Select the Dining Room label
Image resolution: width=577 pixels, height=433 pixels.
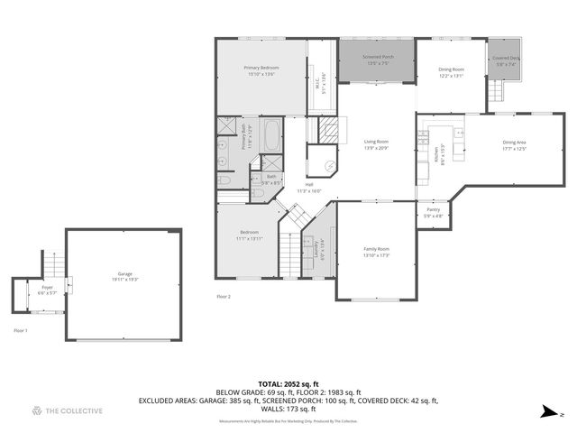point(451,73)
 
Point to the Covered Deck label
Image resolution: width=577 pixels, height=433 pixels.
point(504,61)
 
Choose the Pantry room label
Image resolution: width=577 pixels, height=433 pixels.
point(433,213)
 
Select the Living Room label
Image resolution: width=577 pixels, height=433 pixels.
point(376,144)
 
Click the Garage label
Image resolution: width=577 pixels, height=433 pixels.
point(124,276)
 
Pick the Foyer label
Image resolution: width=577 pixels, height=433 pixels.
point(47,290)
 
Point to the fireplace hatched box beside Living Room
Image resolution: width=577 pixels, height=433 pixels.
point(331,130)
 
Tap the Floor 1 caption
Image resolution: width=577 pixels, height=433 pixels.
point(20,331)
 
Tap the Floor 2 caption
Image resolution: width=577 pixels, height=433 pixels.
point(224,296)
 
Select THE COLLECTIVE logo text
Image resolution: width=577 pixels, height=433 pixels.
point(74,411)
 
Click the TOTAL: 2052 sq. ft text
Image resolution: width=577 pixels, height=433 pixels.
point(288,383)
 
